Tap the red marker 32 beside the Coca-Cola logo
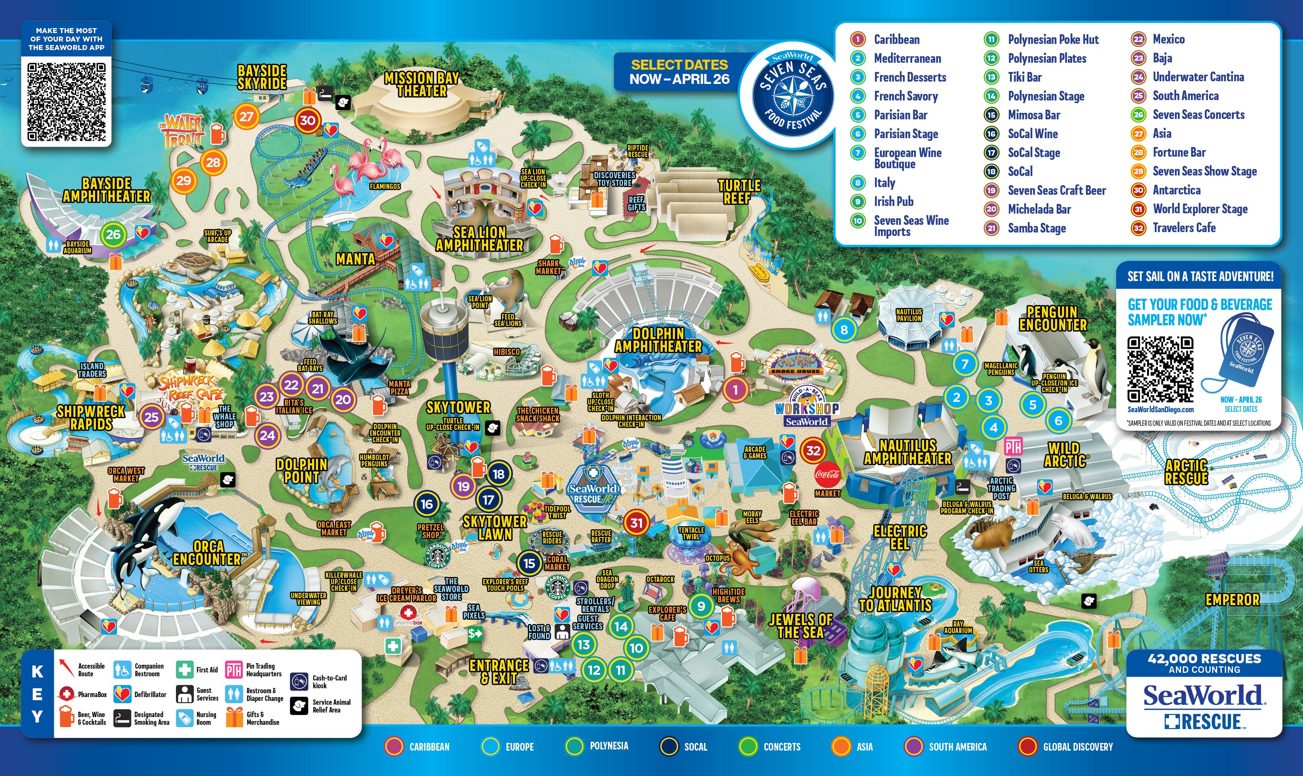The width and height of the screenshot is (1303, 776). click(813, 450)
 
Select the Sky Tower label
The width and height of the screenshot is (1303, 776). click(458, 407)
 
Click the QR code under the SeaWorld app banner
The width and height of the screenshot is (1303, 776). click(67, 102)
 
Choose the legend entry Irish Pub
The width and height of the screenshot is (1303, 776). click(893, 201)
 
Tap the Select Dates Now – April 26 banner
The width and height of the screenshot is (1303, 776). click(678, 72)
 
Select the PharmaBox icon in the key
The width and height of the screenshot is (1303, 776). click(67, 694)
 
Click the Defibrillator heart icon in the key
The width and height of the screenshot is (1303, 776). click(122, 694)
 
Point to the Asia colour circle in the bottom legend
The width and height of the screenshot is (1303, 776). click(841, 746)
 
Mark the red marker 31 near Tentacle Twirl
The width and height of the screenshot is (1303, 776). click(636, 522)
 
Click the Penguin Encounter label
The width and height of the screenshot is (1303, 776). click(1052, 318)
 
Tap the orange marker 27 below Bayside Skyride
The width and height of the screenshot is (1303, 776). click(246, 117)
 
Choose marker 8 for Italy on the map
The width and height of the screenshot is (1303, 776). click(844, 329)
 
